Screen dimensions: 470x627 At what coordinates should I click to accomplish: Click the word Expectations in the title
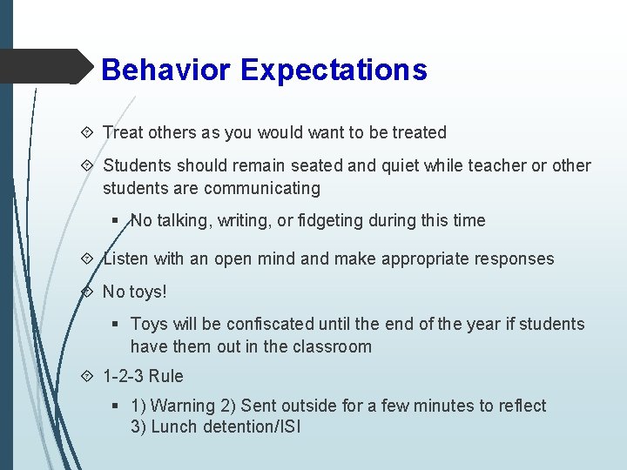tap(334, 70)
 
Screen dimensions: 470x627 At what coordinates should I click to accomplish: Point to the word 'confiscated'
tap(270, 324)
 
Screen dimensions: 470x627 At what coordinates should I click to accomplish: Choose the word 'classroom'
tap(333, 346)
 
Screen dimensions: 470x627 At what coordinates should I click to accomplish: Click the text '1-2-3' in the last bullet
tap(123, 376)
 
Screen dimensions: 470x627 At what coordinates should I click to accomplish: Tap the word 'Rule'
tap(166, 376)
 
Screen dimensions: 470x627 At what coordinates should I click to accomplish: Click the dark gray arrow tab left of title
tap(44, 66)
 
